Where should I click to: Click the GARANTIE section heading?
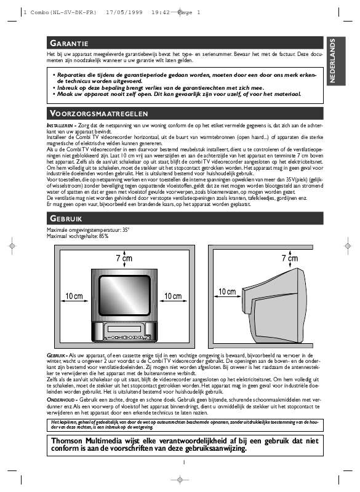[x=70, y=43]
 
